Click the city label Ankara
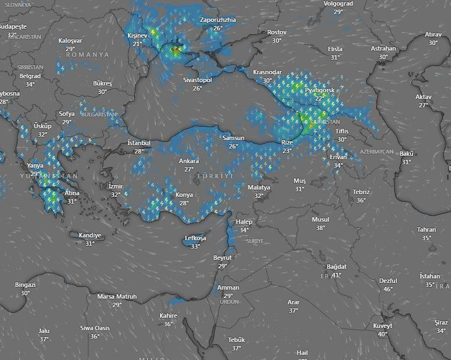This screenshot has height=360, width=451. [x=189, y=161]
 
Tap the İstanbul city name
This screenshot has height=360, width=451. [x=139, y=143]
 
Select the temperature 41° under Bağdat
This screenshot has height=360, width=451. [x=337, y=275]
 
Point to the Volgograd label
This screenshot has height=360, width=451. [x=338, y=3]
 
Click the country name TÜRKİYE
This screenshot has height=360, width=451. [x=216, y=177]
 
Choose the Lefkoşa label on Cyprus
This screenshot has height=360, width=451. [x=195, y=238]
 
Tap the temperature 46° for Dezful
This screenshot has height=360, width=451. [x=388, y=289]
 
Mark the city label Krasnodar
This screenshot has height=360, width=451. [x=267, y=72]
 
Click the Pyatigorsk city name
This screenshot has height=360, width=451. [x=320, y=90]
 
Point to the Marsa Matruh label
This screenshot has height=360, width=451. [x=117, y=296]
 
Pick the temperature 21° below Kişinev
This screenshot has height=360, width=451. [x=137, y=44]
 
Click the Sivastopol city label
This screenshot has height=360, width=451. [x=197, y=80]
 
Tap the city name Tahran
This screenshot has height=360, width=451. [x=426, y=229]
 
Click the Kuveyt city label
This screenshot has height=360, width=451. [x=382, y=326]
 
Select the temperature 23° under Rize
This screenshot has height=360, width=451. [x=287, y=151]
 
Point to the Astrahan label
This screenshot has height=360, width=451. [x=383, y=48]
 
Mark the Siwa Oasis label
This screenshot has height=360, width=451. [x=95, y=328]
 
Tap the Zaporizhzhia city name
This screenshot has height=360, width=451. [x=218, y=20]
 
